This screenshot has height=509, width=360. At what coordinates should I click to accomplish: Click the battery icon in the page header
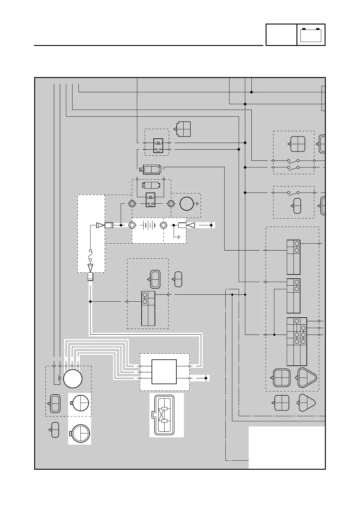pos(311,35)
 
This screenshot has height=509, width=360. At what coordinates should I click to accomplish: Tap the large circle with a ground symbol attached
pos(186,204)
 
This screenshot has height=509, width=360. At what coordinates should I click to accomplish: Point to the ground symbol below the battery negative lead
pos(179,237)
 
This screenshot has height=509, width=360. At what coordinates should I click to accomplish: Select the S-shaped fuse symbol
pos(90,255)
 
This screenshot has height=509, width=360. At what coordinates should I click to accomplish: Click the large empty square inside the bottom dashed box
pos(164,372)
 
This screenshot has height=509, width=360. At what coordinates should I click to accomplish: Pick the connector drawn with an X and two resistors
pos(164,415)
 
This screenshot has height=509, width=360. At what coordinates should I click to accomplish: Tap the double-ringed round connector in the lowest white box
pos(80,434)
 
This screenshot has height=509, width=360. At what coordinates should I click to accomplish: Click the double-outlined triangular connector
pos(307,378)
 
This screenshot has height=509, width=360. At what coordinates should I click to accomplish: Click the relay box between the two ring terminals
pos(150,200)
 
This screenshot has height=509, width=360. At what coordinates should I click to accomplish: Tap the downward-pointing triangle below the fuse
pos(90,268)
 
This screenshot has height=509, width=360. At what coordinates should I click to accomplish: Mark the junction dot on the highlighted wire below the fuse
pos(90,301)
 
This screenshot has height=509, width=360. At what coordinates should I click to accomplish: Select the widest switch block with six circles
pos(297,342)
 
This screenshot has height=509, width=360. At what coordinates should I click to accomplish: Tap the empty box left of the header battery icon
pos(281,35)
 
